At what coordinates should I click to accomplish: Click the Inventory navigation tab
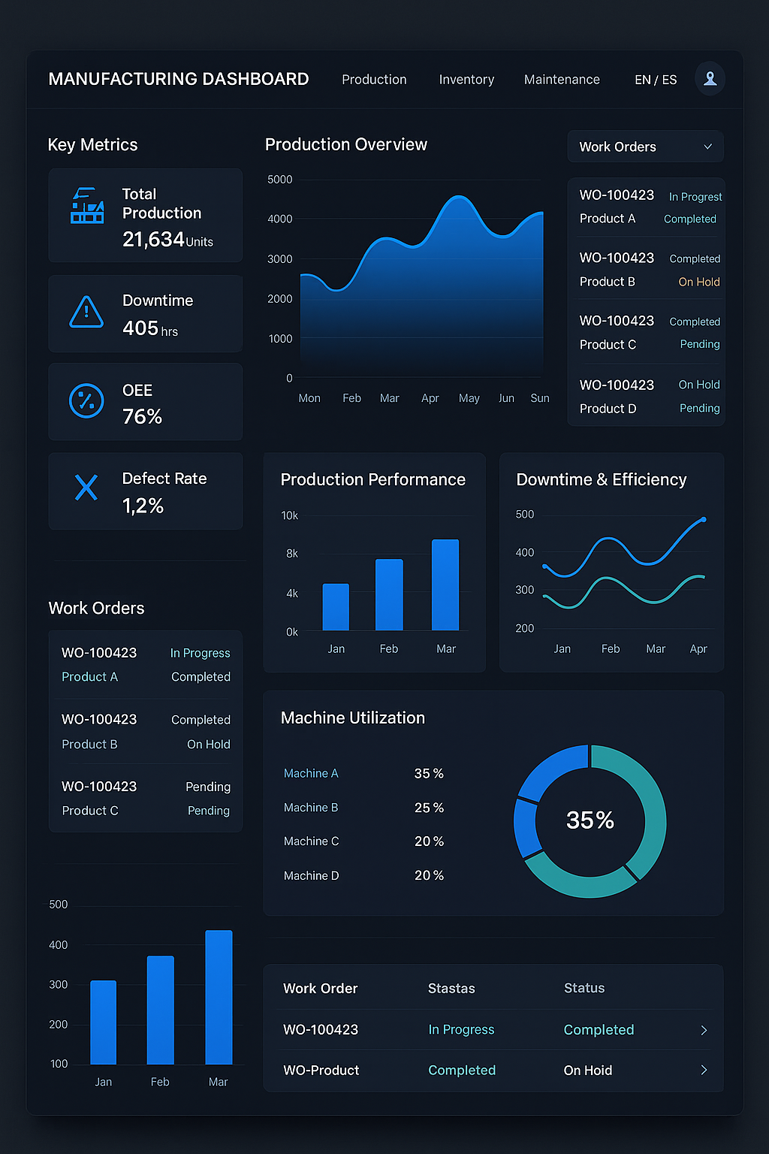[466, 80]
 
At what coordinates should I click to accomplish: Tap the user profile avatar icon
[710, 78]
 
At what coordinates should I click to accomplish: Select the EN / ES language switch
[656, 80]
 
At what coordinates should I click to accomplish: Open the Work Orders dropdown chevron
[707, 147]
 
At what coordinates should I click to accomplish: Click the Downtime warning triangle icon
[86, 313]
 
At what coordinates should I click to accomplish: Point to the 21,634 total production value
[153, 240]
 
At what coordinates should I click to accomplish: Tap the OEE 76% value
[142, 417]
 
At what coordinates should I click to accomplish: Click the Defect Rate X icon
[86, 488]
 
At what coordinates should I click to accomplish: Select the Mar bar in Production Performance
[445, 585]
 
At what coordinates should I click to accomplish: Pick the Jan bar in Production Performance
[336, 607]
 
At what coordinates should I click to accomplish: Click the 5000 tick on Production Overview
[280, 180]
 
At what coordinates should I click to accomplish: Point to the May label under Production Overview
[469, 398]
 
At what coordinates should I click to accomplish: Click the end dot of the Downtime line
[704, 519]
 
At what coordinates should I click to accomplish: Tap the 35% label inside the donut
[590, 820]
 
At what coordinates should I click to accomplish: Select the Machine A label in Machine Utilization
[311, 773]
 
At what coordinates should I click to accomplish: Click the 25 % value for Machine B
[429, 808]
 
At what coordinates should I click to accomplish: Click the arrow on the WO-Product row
[704, 1070]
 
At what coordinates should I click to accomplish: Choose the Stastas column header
[451, 989]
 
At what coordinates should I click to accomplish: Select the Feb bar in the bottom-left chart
[161, 1010]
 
